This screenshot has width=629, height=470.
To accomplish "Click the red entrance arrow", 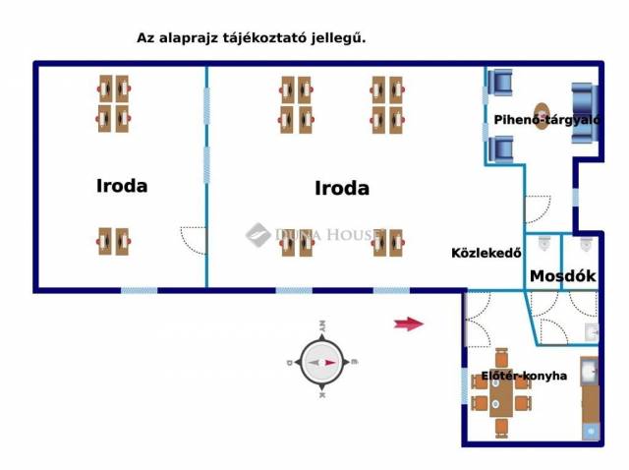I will pyautogui.click(x=408, y=323).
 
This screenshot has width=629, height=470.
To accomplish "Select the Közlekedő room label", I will pyautogui.click(x=486, y=252).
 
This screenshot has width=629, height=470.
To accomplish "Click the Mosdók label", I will pyautogui.click(x=563, y=276).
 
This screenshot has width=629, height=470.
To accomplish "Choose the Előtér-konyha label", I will pyautogui.click(x=523, y=376).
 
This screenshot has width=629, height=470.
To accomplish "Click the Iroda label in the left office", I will pyautogui.click(x=122, y=185).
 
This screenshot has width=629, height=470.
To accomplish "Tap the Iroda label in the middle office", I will pyautogui.click(x=342, y=188).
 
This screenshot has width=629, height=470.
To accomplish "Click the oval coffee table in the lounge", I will pyautogui.click(x=542, y=116).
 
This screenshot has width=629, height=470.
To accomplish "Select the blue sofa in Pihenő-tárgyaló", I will pyautogui.click(x=585, y=114).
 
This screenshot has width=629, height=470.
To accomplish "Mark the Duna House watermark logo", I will pyautogui.click(x=257, y=234).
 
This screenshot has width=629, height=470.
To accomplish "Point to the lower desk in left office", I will pyautogui.click(x=113, y=241).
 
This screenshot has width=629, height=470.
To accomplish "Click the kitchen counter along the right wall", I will pyautogui.click(x=589, y=398).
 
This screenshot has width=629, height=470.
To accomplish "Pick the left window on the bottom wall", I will pyautogui.click(x=139, y=290).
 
